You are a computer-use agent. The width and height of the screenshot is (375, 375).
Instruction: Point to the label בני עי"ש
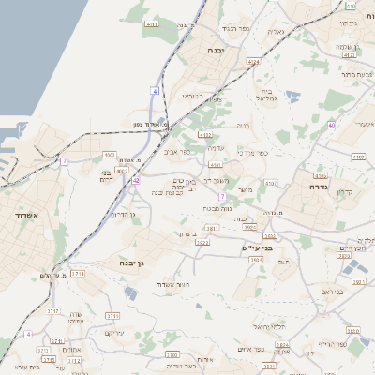[x=256, y=247]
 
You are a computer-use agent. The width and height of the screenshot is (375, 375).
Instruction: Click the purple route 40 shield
[x=332, y=125]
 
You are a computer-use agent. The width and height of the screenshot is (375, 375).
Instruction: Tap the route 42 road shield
[x=136, y=179]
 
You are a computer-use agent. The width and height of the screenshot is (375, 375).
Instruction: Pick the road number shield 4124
[x=253, y=62]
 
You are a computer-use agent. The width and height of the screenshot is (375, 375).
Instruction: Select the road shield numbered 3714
[x=78, y=273]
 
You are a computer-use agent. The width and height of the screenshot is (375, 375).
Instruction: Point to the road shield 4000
[x=110, y=155]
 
